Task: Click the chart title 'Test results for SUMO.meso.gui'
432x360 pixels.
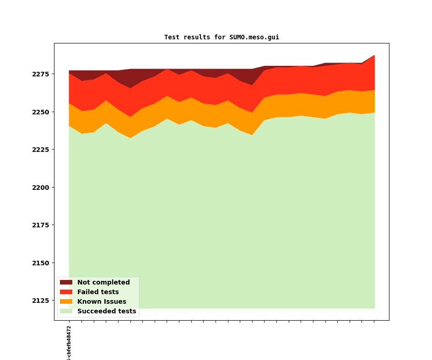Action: [221, 38]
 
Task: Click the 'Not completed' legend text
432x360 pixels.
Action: [103, 283]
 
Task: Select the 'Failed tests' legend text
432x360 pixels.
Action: [98, 292]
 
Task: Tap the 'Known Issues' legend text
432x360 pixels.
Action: [102, 302]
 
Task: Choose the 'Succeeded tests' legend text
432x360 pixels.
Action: [107, 312]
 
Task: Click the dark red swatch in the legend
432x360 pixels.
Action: [66, 283]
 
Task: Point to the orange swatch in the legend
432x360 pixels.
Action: [66, 302]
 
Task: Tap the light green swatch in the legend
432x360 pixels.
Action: [66, 312]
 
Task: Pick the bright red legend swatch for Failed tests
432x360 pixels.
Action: [66, 292]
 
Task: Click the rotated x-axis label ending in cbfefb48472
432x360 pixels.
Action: [69, 343]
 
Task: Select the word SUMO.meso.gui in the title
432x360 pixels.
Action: [254, 38]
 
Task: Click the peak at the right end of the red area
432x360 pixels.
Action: [374, 56]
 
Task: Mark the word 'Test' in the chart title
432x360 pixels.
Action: [172, 38]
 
